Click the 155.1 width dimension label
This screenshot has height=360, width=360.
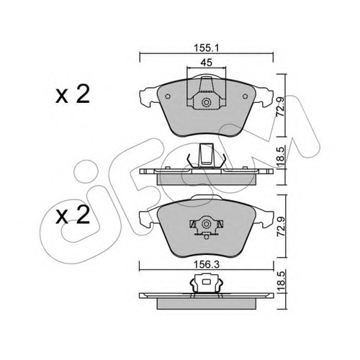point(206,48)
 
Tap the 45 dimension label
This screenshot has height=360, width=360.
point(207,63)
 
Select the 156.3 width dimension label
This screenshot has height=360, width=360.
point(207,265)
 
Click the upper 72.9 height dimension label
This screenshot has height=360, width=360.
point(281,107)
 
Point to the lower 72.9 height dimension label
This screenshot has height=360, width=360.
point(281,227)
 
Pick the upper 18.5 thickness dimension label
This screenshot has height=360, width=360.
point(281,156)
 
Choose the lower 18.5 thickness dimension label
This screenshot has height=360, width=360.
point(281,282)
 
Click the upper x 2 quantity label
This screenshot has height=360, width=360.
point(73,94)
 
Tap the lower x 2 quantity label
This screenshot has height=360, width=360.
point(73,215)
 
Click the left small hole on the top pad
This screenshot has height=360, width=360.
point(168,96)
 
